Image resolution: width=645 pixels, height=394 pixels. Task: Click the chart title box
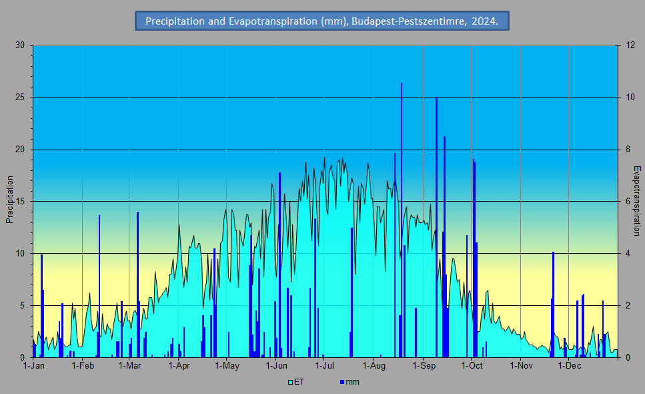tap(322, 21)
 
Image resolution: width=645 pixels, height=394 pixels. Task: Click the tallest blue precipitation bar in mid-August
tap(402, 220)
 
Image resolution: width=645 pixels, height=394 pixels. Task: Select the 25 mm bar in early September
tap(436, 227)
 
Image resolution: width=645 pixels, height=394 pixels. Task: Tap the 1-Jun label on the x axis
tap(276, 365)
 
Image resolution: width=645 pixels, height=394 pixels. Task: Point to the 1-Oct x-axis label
tap(472, 365)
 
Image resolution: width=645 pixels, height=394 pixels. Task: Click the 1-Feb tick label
tap(83, 365)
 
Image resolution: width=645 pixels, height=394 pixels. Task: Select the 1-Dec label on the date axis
tap(570, 365)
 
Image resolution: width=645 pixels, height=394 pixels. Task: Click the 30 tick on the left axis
tap(20, 45)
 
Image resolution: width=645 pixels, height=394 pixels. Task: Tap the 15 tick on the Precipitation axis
tap(20, 201)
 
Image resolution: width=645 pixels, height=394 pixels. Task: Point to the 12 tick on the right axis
tap(630, 45)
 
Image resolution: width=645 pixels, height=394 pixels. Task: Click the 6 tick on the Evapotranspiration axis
tap(628, 201)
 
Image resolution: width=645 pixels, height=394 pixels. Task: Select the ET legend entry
tap(296, 382)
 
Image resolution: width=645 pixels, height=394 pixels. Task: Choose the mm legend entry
tap(350, 382)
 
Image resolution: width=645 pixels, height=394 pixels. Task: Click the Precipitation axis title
tap(9, 200)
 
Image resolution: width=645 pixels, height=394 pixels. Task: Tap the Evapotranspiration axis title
tap(637, 201)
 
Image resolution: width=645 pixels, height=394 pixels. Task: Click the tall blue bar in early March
tap(138, 284)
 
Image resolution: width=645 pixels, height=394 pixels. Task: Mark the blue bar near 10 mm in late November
tap(553, 305)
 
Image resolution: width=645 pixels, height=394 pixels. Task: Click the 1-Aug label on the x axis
tap(374, 365)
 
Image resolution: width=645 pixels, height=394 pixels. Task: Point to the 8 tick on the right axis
tap(628, 150)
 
